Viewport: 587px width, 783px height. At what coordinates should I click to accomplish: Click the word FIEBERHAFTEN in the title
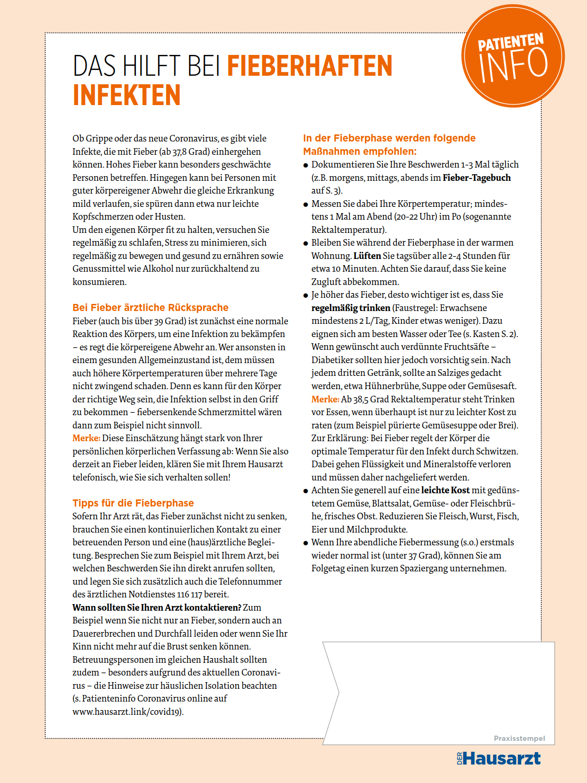(x=310, y=66)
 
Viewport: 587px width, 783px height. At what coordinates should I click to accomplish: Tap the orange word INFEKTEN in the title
(x=126, y=95)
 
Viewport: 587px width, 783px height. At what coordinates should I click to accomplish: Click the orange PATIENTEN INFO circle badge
(x=513, y=56)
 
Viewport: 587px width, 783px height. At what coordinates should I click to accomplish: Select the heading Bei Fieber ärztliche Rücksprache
(x=151, y=308)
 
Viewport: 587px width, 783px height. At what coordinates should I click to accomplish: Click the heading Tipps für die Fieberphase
(x=133, y=503)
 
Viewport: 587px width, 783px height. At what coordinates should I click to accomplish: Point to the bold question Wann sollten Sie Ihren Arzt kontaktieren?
(x=157, y=607)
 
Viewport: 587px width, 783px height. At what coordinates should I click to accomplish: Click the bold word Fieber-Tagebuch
(x=477, y=178)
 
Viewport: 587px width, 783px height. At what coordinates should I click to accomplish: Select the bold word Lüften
(x=367, y=256)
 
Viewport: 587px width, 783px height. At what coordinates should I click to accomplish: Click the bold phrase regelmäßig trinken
(x=351, y=308)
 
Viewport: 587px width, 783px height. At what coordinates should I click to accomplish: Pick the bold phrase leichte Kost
(x=445, y=490)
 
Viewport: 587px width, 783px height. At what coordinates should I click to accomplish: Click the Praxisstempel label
(x=519, y=739)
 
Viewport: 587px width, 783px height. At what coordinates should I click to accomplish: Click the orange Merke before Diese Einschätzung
(x=86, y=438)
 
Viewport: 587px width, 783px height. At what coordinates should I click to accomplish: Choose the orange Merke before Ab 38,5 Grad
(x=325, y=400)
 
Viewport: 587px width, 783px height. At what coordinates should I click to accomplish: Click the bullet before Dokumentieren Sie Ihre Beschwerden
(x=306, y=166)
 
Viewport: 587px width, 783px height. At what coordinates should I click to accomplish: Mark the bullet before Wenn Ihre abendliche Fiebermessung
(x=306, y=543)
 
